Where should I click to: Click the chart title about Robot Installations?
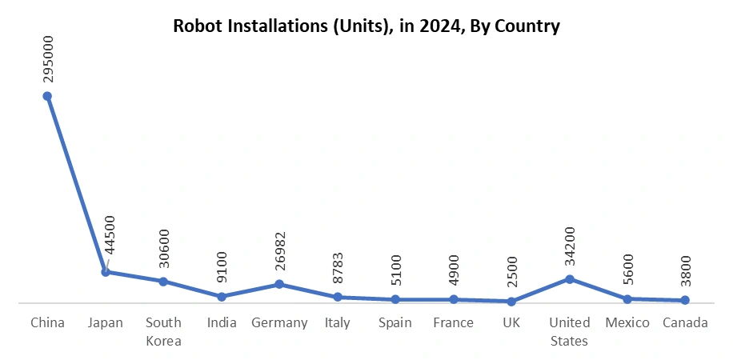coord(366,26)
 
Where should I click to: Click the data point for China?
coord(47,96)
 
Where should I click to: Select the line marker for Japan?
coord(106,272)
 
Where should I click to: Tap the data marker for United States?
coord(570,279)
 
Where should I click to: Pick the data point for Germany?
coord(279,284)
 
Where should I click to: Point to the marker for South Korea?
coord(163,282)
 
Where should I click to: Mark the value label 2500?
coord(511,271)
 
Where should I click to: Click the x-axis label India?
coord(222,323)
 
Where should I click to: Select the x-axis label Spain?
coord(395,323)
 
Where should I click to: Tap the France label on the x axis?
coord(453,323)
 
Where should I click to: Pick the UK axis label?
coord(511,323)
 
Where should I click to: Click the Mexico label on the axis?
coord(627,323)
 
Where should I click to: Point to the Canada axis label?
coord(685,323)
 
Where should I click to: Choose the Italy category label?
coord(337,323)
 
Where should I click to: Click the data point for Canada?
coord(685,301)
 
